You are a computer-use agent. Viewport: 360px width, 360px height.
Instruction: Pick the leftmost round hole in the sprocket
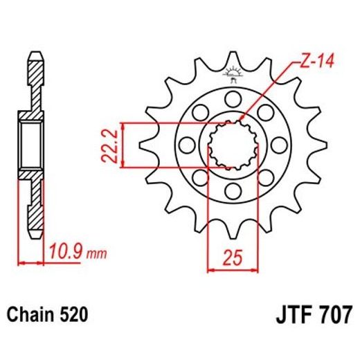click(185, 144)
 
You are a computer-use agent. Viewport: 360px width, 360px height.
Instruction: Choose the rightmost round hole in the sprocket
click(280, 144)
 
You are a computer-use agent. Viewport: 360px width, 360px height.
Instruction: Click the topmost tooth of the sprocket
click(233, 57)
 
